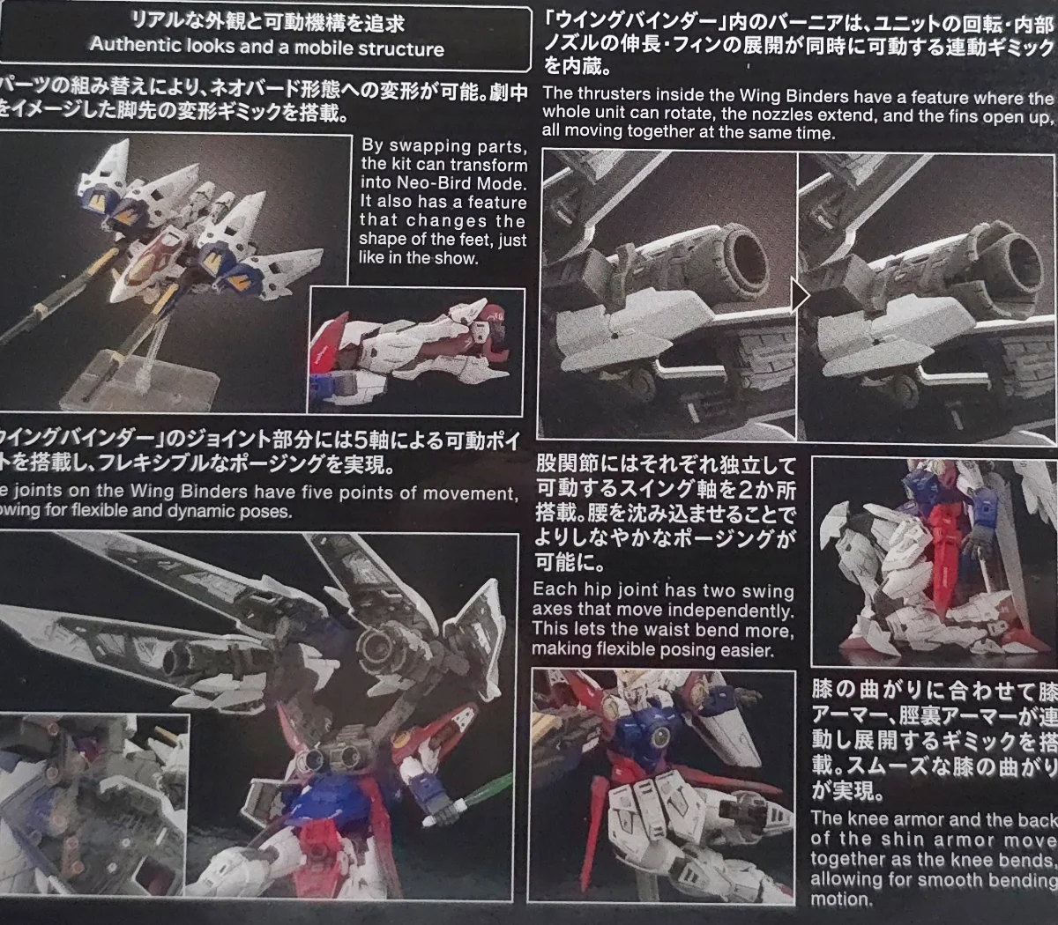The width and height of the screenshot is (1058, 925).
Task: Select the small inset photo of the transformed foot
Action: point(416,350)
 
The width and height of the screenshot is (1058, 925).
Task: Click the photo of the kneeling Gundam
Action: point(932,560)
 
